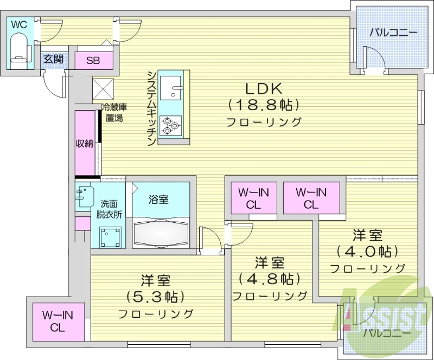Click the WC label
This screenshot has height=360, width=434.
[x=18, y=24]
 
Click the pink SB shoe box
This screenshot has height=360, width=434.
[x=93, y=60]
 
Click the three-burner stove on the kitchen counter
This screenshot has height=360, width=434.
[x=171, y=126]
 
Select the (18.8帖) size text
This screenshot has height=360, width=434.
[x=264, y=104]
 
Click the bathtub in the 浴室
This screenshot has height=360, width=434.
[x=162, y=233]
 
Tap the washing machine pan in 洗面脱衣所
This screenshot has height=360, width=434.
[x=110, y=236]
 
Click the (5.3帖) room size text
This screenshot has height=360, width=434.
[x=156, y=297]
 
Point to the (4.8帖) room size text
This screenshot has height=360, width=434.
[x=270, y=279]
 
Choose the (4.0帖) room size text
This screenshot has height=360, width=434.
[x=367, y=252]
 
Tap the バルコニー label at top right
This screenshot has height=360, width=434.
[x=393, y=33]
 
